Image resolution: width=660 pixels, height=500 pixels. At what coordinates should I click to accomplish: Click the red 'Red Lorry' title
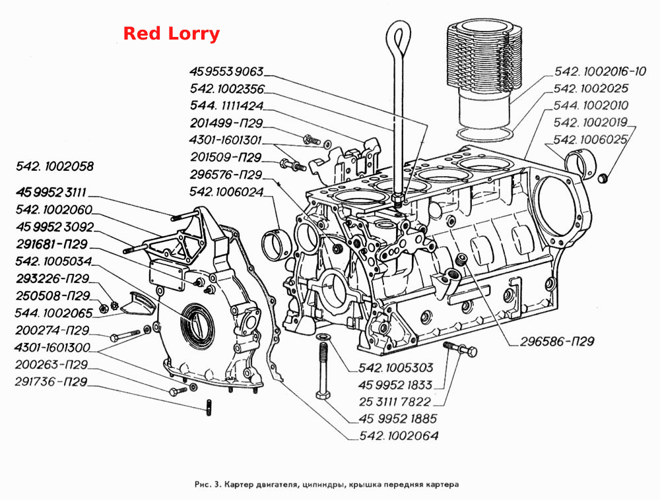coord(172,34)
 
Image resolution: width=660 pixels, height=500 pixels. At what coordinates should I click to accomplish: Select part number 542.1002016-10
coord(599,71)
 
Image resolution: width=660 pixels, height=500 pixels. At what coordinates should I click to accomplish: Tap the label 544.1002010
coord(591,106)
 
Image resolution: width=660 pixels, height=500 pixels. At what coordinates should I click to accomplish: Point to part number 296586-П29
coord(557,342)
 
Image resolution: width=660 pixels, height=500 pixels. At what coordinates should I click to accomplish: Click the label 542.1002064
coord(399,435)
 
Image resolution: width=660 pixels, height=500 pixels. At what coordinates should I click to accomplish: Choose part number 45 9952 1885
coord(398,419)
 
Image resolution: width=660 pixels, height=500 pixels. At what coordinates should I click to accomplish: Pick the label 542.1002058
coord(55,166)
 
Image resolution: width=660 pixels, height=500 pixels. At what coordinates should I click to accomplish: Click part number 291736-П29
coord(51,382)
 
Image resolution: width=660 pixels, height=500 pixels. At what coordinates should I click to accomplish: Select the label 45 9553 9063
coord(226,71)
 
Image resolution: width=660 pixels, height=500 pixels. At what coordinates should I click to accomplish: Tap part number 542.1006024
coord(226,192)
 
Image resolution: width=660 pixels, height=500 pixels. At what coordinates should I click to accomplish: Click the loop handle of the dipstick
coord(398,40)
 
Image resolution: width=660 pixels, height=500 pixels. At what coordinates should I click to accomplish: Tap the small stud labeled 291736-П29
coord(209,408)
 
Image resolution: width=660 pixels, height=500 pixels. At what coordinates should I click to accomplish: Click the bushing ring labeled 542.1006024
coord(276,245)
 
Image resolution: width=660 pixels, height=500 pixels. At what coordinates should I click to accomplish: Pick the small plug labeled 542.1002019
coord(603,178)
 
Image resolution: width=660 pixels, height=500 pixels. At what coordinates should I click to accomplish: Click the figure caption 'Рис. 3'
coord(208,484)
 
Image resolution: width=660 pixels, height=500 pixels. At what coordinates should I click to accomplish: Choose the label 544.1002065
coord(53,313)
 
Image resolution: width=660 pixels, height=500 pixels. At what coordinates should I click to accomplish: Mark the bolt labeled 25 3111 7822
coord(460,349)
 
